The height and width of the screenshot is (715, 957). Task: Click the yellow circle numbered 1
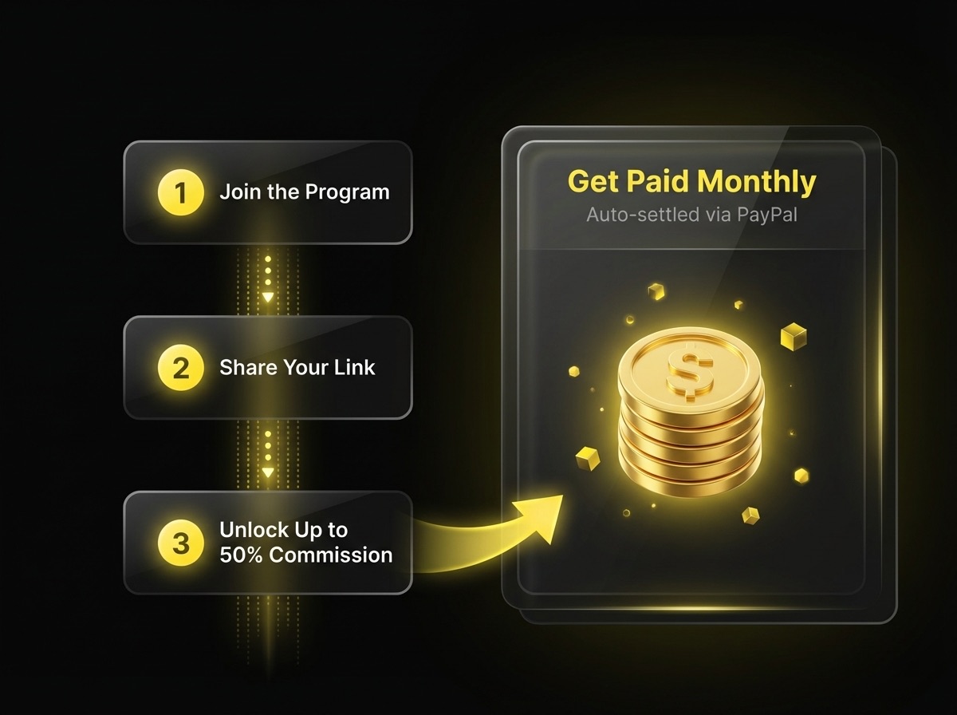pyautogui.click(x=181, y=193)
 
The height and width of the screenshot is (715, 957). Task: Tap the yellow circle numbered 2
pyautogui.click(x=181, y=368)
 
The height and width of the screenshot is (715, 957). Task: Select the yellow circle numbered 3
pyautogui.click(x=181, y=543)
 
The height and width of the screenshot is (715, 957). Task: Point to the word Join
pyautogui.click(x=237, y=192)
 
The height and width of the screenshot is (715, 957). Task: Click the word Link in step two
pyautogui.click(x=355, y=368)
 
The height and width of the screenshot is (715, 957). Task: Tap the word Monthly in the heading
pyautogui.click(x=756, y=183)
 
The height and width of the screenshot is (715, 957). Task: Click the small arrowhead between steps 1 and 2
pyautogui.click(x=268, y=297)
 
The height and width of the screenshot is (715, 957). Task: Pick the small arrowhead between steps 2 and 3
pyautogui.click(x=268, y=472)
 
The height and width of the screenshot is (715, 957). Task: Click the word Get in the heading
pyautogui.click(x=593, y=183)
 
